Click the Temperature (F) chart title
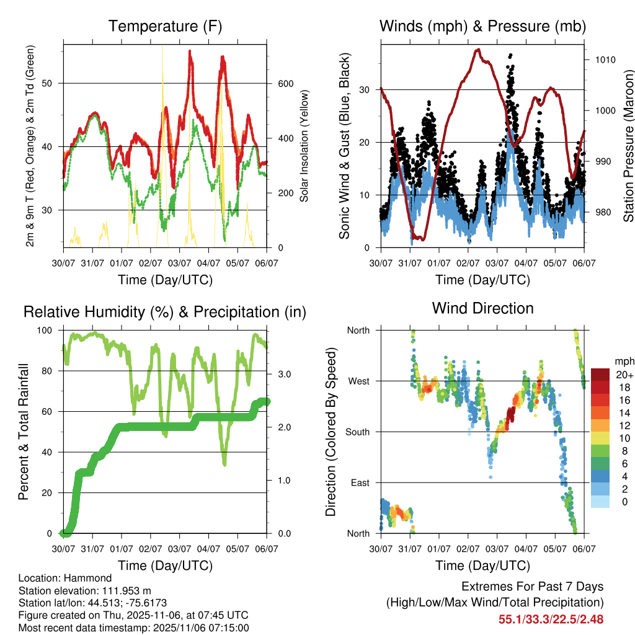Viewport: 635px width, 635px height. [x=165, y=26]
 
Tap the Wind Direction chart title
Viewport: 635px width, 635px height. [x=482, y=308]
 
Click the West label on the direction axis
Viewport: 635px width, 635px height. [x=358, y=381]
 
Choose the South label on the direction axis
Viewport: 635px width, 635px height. [x=357, y=432]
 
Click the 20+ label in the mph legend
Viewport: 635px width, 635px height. [x=624, y=375]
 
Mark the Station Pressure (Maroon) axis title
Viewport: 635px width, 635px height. [x=628, y=136]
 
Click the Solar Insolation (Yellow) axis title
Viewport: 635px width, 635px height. [x=304, y=146]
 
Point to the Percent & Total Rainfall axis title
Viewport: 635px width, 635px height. [x=24, y=432]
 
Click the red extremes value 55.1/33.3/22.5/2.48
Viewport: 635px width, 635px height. [x=551, y=619]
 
